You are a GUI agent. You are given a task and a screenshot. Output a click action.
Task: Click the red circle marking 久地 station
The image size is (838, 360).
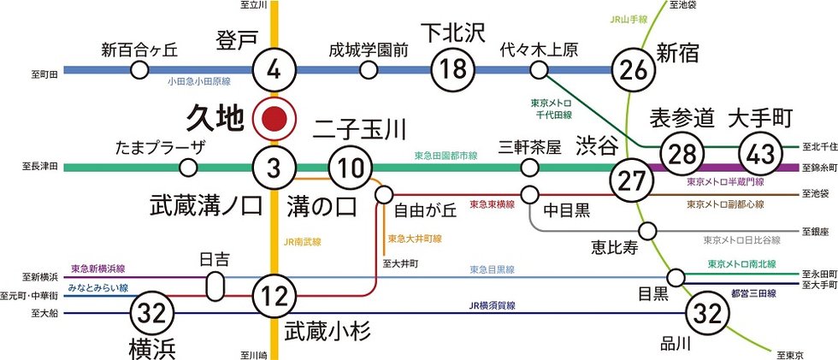(274, 120)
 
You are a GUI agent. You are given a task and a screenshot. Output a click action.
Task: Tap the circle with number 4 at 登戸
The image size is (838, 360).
(274, 70)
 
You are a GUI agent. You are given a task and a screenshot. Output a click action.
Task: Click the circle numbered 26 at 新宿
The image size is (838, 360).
(634, 70)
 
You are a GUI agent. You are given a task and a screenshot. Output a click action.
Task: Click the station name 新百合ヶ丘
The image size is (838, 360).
(139, 49)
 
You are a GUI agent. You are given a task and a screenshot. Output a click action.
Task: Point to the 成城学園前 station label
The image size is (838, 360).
(369, 50)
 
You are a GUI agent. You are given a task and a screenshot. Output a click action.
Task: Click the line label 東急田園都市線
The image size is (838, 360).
(445, 156)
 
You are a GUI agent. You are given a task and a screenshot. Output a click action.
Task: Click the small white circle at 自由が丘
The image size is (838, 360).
(383, 194)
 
